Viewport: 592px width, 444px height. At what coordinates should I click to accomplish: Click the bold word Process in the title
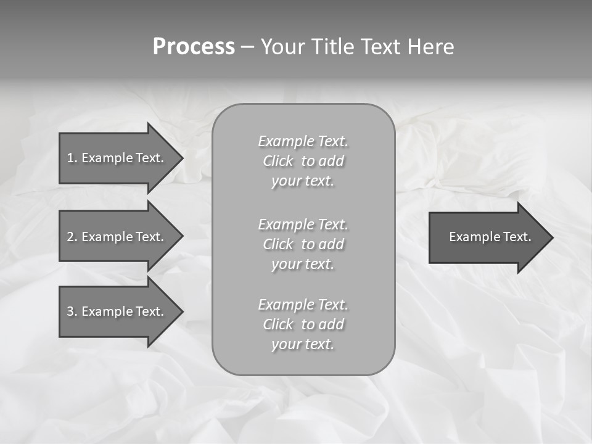coord(194,47)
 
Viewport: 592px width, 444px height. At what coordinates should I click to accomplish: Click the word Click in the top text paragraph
coord(278,162)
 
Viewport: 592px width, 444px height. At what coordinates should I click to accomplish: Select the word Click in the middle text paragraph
coord(278,245)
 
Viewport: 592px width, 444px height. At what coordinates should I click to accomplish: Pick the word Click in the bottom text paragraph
coord(278,325)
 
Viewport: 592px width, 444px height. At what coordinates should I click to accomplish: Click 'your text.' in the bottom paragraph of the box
coord(303,345)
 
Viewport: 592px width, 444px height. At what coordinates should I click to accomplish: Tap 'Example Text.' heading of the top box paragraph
coord(303,142)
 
